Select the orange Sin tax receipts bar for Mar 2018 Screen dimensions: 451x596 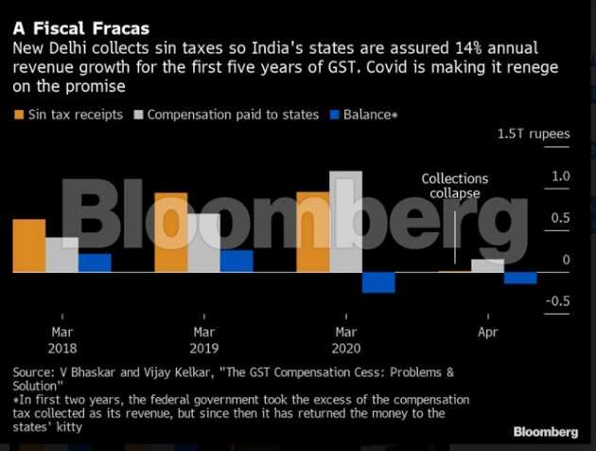click(x=28, y=245)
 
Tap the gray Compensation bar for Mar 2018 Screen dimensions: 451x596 click(x=61, y=254)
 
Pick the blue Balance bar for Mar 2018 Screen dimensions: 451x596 click(x=95, y=262)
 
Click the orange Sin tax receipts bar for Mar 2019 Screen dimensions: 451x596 click(x=171, y=232)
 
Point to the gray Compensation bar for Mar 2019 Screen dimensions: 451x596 click(x=203, y=243)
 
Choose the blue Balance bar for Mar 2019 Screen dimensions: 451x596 click(x=237, y=261)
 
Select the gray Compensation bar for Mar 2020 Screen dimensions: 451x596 click(x=345, y=222)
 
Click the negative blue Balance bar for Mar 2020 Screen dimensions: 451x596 click(x=378, y=282)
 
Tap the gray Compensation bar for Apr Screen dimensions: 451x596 click(x=488, y=265)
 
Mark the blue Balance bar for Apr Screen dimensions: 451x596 click(x=520, y=278)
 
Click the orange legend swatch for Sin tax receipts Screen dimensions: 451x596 click(x=19, y=115)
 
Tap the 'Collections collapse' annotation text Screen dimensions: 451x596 click(x=455, y=186)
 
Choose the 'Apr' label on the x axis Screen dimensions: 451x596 click(x=488, y=333)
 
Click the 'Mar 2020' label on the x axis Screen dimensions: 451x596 click(x=346, y=340)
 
